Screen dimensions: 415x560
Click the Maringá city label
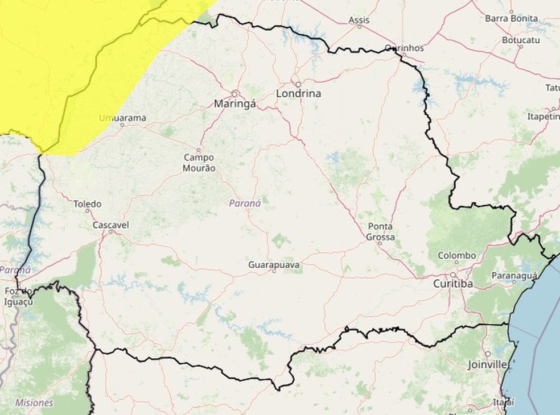(x=235, y=104)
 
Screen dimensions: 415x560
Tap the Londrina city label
(x=298, y=94)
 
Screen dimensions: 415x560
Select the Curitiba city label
(x=453, y=283)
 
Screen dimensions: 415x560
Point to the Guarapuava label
(x=274, y=265)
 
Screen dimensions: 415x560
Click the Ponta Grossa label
(x=380, y=231)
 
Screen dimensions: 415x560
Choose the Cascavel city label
(x=110, y=225)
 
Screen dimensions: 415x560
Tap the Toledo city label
(x=88, y=204)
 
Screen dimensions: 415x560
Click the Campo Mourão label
(x=199, y=163)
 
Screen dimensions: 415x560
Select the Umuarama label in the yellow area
(x=122, y=118)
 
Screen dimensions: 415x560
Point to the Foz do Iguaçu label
(x=19, y=296)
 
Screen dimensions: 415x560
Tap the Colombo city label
(x=456, y=256)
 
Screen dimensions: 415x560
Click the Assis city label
(x=359, y=20)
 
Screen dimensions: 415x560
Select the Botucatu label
(x=520, y=40)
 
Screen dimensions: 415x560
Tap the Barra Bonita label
(x=511, y=18)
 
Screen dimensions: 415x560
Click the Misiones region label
(x=34, y=402)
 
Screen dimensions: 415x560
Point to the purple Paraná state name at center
(x=245, y=203)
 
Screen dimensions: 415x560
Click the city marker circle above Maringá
(x=235, y=93)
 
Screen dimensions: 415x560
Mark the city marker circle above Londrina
(x=297, y=83)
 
